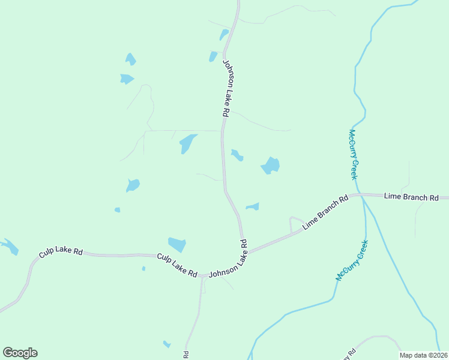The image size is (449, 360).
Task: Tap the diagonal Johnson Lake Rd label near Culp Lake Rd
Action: click(x=228, y=259)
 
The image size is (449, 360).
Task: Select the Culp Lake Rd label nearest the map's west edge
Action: click(x=61, y=253)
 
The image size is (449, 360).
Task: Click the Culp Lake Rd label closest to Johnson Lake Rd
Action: click(x=177, y=265)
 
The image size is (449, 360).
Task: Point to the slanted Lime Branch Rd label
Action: click(x=325, y=212)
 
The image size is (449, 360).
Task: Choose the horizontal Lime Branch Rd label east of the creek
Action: click(x=411, y=197)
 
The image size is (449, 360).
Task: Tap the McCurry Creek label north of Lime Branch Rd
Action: click(x=354, y=154)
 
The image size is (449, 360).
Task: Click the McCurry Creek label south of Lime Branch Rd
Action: click(x=352, y=260)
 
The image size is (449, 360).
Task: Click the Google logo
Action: click(x=20, y=353)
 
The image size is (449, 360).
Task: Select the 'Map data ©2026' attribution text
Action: click(x=423, y=355)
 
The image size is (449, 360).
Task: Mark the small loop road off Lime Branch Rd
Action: click(x=296, y=223)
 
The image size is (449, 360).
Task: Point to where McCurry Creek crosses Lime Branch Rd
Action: click(x=362, y=196)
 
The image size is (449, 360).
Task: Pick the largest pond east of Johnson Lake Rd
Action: click(x=271, y=165)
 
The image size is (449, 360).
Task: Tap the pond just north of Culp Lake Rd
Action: click(x=177, y=244)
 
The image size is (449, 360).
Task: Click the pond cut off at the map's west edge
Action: click(x=8, y=247)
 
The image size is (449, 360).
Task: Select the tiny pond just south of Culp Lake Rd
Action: click(x=143, y=268)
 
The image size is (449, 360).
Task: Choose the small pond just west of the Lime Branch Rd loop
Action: click(x=253, y=207)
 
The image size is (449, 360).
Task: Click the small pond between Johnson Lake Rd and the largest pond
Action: click(x=237, y=155)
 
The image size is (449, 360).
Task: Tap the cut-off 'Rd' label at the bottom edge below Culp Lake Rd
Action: click(x=186, y=355)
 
